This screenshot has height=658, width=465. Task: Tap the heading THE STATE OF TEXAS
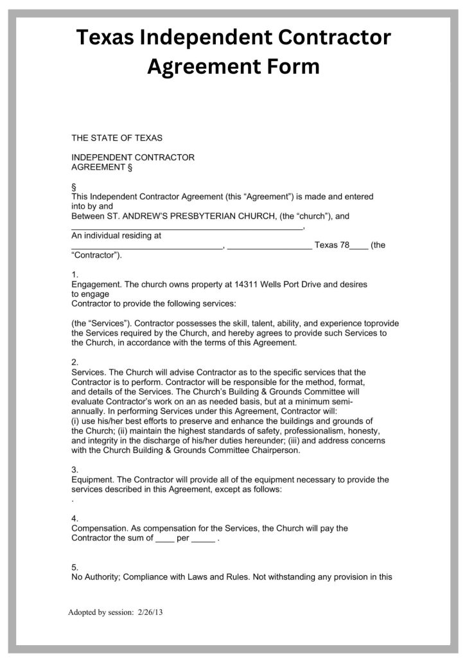117,138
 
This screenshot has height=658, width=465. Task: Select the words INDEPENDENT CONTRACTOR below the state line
133,157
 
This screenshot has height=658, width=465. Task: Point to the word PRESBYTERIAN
219,217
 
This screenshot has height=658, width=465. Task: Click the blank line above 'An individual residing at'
186,227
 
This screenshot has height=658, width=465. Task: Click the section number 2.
75,362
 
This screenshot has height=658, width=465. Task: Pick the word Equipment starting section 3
92,479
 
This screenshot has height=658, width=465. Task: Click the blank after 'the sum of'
165,539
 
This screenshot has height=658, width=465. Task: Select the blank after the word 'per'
203,539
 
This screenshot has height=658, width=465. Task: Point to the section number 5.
75,567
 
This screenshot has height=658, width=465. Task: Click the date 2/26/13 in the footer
150,612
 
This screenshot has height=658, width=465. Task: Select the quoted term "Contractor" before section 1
96,255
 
